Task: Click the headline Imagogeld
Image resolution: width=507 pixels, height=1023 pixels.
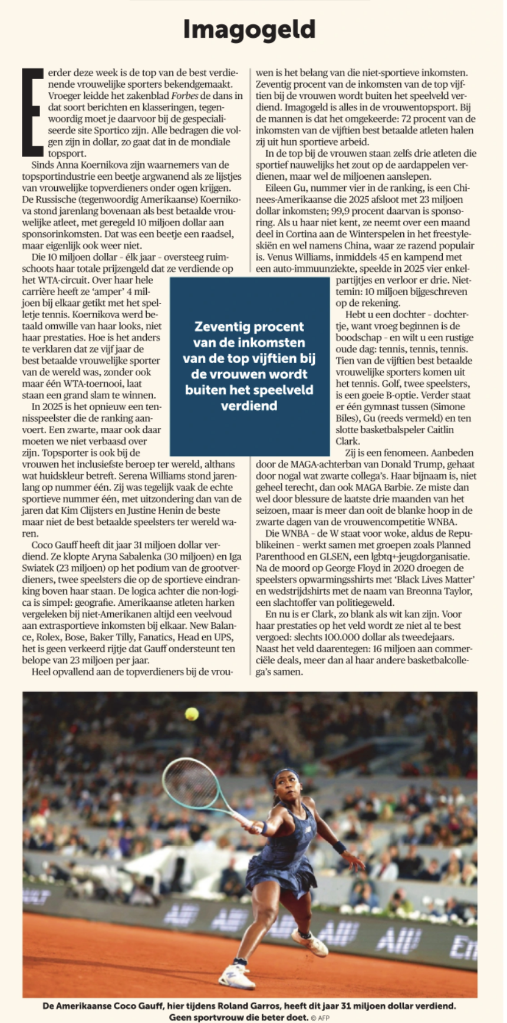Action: pos(249,29)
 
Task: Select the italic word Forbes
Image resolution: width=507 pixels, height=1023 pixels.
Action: pos(185,95)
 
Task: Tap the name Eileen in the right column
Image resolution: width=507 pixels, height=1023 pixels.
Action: pos(279,188)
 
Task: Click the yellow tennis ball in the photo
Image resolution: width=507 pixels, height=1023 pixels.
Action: pos(192,714)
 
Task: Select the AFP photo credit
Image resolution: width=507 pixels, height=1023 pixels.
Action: pos(321,1018)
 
